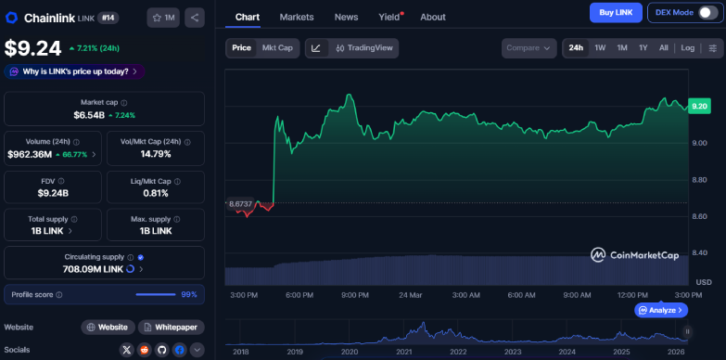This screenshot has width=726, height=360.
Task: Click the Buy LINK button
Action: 616,13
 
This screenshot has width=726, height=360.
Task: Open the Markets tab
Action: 297,17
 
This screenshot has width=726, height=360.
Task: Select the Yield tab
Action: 389,17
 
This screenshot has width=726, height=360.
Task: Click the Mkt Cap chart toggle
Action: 277,47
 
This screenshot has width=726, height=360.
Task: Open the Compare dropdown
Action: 529,47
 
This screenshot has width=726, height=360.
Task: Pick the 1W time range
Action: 600,47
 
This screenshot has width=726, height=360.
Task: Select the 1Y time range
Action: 643,47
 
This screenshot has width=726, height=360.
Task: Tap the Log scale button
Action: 687,47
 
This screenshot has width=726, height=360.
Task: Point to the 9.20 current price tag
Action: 699,107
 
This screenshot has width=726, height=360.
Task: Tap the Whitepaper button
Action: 172,328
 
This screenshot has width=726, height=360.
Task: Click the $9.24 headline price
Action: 33,48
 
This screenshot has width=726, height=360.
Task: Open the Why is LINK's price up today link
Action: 73,71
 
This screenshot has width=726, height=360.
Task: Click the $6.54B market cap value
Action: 89,115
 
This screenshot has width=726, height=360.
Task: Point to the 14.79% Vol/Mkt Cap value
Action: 155,154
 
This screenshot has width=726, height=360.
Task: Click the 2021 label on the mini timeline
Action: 404,353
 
